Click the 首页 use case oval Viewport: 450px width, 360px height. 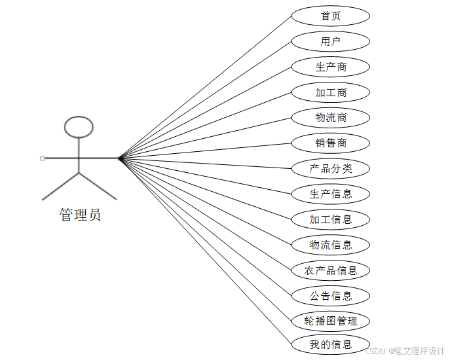330,16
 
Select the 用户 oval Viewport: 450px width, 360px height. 330,42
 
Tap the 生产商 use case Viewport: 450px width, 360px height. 330,67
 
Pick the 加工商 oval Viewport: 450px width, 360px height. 330,92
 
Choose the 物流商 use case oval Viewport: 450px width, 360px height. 330,118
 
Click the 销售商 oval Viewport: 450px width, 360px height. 330,143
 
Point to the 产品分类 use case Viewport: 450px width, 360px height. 330,168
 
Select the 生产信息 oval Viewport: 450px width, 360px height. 330,194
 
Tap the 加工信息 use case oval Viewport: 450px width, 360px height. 330,219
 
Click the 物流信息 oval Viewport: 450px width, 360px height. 330,245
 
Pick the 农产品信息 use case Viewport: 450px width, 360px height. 330,270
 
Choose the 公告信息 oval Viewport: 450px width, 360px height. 330,296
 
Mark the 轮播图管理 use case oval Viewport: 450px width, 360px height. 330,321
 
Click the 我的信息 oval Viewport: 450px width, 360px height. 330,344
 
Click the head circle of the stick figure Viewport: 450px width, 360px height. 79,127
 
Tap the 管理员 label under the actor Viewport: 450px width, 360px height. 80,215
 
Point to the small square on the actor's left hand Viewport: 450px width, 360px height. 43,158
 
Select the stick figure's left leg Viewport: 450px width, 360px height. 60,186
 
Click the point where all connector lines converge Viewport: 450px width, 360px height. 119,158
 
